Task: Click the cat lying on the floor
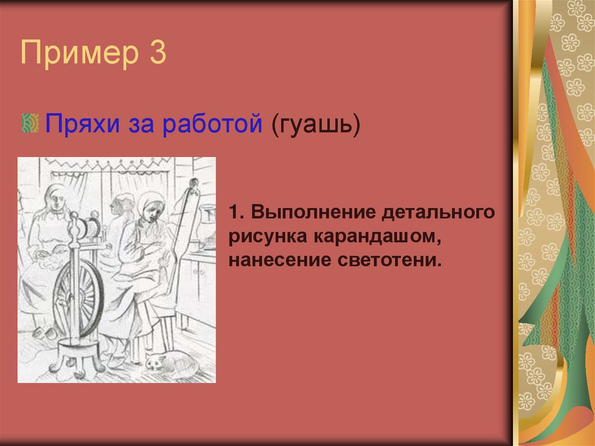170,362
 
